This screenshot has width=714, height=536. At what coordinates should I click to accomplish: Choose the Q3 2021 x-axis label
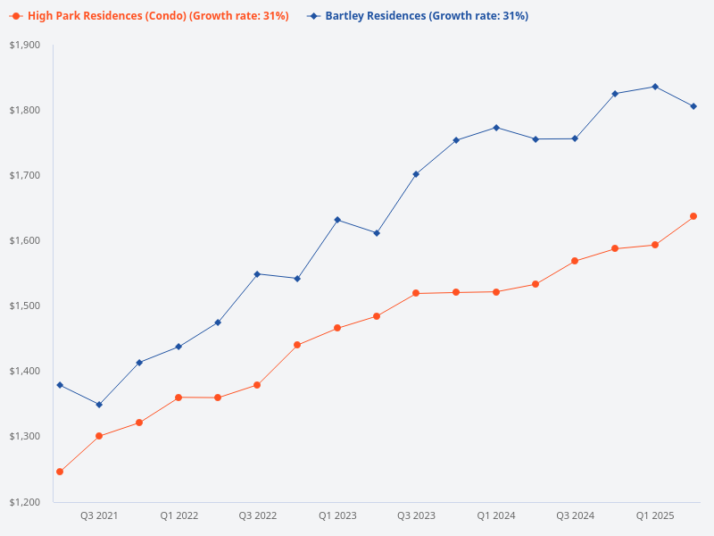[99, 516]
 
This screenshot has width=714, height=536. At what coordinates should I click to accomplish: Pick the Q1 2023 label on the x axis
[337, 516]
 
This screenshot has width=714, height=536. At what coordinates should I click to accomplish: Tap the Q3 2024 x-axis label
[575, 516]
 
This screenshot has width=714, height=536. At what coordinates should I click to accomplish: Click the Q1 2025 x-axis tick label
[654, 516]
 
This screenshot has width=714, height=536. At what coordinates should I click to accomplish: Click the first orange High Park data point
[60, 472]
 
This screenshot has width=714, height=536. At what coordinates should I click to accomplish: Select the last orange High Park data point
[693, 216]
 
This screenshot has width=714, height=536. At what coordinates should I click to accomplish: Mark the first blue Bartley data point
[60, 385]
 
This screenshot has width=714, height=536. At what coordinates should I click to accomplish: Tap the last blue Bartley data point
[693, 106]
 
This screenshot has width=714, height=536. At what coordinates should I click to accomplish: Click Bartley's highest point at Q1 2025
[654, 87]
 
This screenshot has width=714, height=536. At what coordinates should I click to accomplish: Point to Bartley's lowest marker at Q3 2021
[99, 405]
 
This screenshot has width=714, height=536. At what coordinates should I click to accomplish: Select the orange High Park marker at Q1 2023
[337, 328]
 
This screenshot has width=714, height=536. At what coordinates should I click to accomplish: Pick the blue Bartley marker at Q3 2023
[416, 174]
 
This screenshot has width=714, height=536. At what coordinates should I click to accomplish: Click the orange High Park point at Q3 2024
[575, 261]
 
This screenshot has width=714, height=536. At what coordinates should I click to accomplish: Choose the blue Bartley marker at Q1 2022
[178, 347]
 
